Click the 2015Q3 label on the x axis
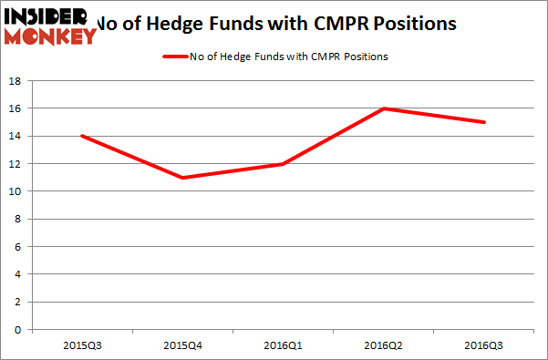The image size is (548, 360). (82, 346)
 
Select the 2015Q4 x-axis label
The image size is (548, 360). (183, 346)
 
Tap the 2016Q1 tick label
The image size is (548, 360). (284, 346)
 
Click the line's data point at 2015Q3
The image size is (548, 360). (82, 136)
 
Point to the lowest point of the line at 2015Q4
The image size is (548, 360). (183, 177)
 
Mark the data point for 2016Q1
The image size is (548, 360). (284, 164)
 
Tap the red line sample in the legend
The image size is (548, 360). (177, 57)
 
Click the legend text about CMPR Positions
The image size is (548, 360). (290, 57)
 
